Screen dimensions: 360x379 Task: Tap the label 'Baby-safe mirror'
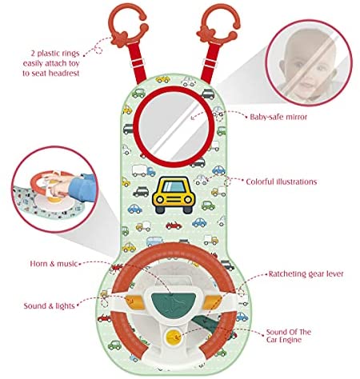point(278,117)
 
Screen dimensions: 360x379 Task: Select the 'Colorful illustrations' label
point(282,182)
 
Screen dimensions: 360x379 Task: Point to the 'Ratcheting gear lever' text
point(306,274)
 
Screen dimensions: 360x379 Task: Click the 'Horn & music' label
point(54,264)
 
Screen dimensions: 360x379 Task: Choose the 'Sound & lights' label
point(49,306)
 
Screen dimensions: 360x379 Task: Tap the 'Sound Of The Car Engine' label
point(289,336)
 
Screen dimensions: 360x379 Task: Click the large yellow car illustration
point(174,195)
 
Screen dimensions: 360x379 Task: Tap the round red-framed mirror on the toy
point(174,125)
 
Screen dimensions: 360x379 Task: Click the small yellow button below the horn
point(173,337)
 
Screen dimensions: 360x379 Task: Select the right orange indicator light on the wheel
point(212,301)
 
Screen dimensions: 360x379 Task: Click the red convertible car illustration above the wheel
point(174,225)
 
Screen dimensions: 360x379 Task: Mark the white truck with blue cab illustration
point(143,170)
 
